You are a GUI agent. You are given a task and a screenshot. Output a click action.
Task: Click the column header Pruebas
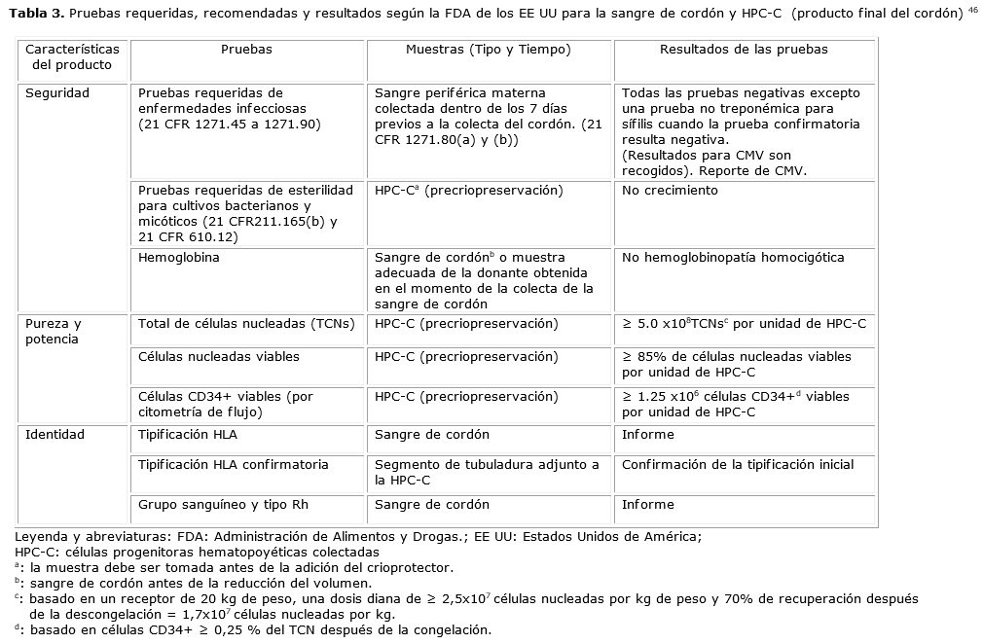(x=246, y=49)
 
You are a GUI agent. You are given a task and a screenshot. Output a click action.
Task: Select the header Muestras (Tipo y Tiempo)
(x=488, y=49)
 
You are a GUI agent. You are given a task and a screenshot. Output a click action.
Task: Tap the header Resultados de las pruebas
(x=744, y=49)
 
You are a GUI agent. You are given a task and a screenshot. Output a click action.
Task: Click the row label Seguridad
(x=57, y=93)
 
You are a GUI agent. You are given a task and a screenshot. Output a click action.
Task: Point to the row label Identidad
(x=55, y=435)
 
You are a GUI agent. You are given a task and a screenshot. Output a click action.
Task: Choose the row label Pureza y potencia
(x=55, y=332)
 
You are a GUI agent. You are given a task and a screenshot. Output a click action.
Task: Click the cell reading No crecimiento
(x=670, y=191)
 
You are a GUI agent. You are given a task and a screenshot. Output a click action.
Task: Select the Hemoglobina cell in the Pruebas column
(x=179, y=258)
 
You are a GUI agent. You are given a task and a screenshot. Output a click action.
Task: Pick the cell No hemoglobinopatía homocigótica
(x=733, y=258)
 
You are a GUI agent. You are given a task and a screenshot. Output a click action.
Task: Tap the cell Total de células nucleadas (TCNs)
(x=246, y=324)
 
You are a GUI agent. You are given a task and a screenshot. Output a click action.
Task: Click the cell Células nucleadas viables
(x=219, y=357)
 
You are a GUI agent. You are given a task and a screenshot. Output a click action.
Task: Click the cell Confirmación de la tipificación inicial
(x=738, y=465)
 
